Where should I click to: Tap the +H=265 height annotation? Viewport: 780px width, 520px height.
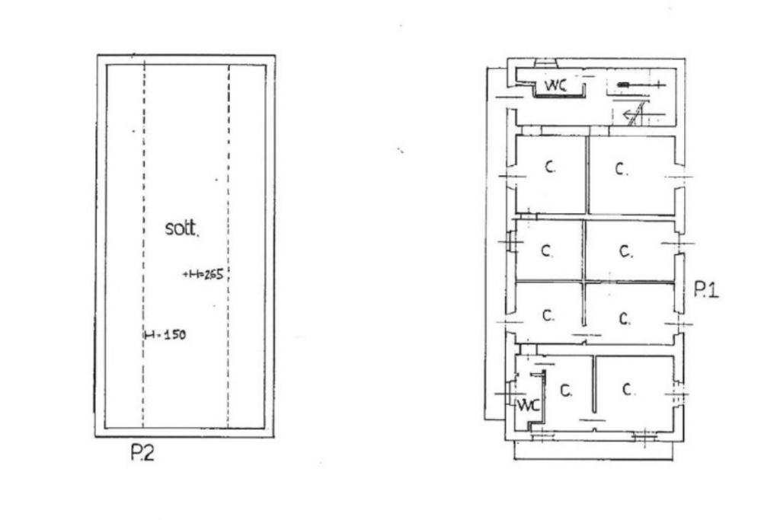(203, 274)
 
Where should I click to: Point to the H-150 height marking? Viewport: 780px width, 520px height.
(165, 334)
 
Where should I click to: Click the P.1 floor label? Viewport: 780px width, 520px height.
(706, 289)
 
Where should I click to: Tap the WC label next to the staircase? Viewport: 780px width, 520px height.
(555, 85)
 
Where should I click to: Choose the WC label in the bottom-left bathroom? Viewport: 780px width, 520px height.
(528, 405)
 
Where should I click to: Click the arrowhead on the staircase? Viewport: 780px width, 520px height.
(629, 116)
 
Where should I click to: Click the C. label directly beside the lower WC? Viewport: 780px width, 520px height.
(566, 391)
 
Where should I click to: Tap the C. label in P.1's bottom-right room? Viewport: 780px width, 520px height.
(628, 390)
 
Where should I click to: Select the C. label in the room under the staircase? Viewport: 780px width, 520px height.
(622, 169)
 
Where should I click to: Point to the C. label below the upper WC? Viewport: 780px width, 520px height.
(549, 167)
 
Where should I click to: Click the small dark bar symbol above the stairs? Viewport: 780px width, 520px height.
(623, 85)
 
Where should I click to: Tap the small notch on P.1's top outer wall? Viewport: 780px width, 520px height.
(546, 62)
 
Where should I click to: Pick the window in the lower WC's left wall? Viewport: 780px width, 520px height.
(508, 393)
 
